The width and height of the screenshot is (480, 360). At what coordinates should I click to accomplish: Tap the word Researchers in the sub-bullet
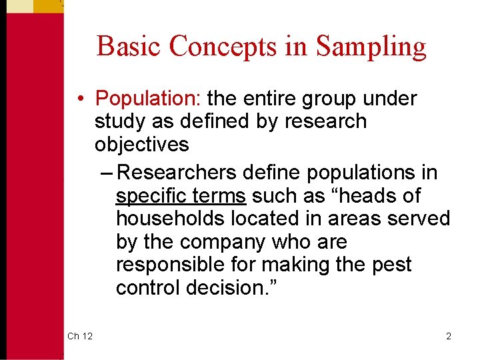pyautogui.click(x=176, y=173)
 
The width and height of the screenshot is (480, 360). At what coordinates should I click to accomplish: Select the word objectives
pyautogui.click(x=142, y=145)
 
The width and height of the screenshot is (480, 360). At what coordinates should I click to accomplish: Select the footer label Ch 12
pyautogui.click(x=79, y=336)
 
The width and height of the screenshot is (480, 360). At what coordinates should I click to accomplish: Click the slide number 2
pyautogui.click(x=449, y=336)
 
